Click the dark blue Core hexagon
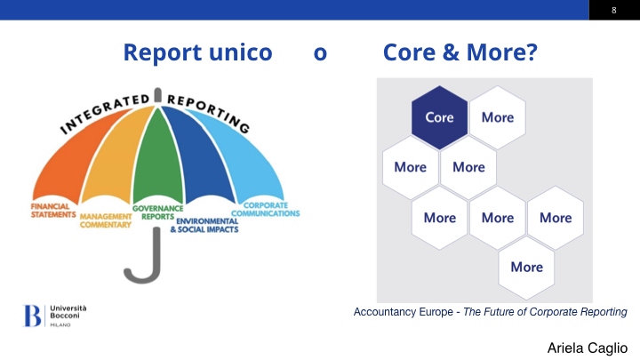(x=439, y=117)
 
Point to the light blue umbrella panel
(x=249, y=159)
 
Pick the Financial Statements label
(x=53, y=211)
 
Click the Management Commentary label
(x=106, y=220)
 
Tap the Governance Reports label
(x=157, y=212)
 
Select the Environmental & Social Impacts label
(x=204, y=225)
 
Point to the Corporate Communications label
(x=265, y=210)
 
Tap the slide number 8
(x=614, y=10)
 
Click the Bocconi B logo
(x=32, y=316)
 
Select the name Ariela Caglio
(x=588, y=348)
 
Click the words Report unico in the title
(x=197, y=52)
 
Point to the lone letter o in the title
(x=320, y=54)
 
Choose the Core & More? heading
(x=460, y=52)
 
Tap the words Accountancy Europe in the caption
(x=404, y=312)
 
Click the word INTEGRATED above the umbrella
(x=105, y=113)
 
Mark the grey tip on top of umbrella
(x=158, y=95)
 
